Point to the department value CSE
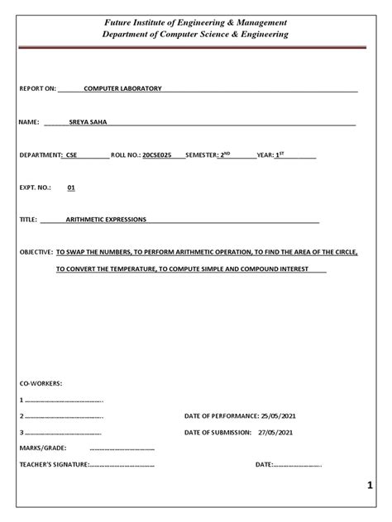click(x=69, y=155)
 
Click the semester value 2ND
click(x=223, y=154)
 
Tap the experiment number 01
click(x=71, y=187)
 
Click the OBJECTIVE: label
click(x=36, y=253)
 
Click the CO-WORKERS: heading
click(x=41, y=384)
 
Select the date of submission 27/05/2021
click(x=275, y=432)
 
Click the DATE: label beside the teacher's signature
click(x=265, y=465)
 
